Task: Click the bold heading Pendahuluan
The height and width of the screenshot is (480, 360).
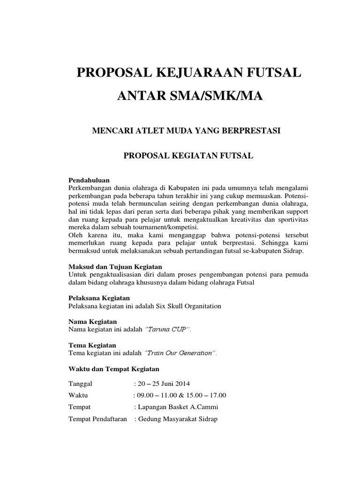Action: [x=89, y=180]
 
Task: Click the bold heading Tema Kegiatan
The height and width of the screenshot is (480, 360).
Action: [x=92, y=345]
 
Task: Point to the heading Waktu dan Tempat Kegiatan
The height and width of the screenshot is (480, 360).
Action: [x=114, y=368]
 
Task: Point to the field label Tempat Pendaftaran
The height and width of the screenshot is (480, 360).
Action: [x=97, y=419]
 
